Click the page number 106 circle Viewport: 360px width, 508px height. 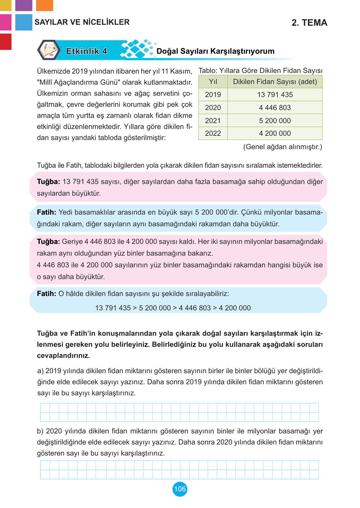180,489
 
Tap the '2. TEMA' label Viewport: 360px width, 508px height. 309,22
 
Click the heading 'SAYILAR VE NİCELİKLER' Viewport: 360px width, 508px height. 82,22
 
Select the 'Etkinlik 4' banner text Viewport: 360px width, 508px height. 86,51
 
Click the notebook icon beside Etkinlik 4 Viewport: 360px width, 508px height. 49,50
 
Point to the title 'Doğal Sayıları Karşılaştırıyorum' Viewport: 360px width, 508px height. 215,51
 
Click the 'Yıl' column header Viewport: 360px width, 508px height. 213,82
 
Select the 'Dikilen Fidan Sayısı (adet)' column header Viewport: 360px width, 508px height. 275,82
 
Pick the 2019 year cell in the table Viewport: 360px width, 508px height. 213,95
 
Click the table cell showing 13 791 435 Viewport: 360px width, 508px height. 275,95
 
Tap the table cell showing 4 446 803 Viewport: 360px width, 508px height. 275,108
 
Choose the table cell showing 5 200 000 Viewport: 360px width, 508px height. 275,121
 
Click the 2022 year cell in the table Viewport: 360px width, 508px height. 213,134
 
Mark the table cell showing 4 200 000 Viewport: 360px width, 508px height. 275,134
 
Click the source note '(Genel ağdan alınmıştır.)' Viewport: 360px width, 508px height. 283,147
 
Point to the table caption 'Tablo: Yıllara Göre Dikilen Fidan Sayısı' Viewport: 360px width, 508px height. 260,71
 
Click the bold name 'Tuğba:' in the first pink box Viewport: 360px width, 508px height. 48,182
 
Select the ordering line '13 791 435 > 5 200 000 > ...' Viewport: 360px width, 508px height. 173,308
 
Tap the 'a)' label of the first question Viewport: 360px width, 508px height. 40,371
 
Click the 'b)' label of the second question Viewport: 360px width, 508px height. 40,431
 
